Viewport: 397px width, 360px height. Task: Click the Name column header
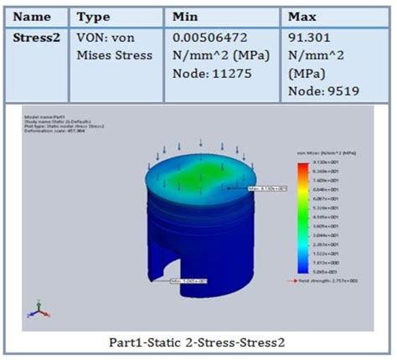(34, 17)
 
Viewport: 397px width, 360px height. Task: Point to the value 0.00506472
(210, 38)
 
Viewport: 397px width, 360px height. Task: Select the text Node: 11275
(207, 76)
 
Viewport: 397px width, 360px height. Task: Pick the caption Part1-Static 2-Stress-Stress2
(197, 342)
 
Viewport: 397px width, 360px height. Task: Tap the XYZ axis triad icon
(36, 307)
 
